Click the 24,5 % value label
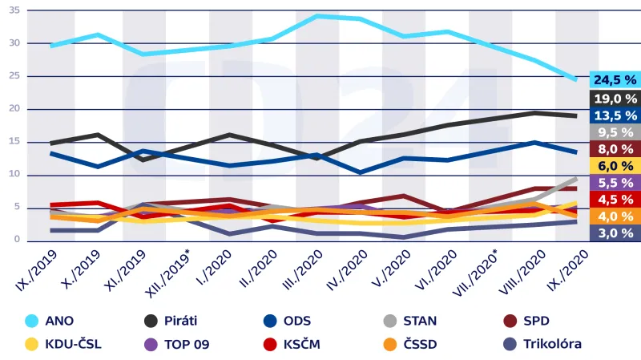615,79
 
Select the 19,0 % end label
615,98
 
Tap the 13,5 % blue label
615,115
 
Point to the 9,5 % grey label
615,132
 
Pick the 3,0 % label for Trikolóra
615,233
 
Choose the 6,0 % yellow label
615,165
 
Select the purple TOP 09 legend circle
151,344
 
